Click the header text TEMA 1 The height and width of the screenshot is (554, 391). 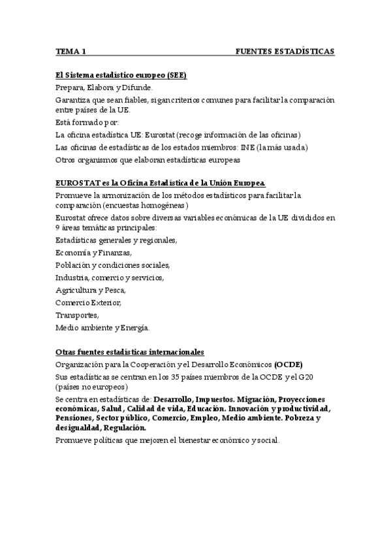tap(71, 51)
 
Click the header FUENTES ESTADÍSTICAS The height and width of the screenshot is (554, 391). tap(285, 51)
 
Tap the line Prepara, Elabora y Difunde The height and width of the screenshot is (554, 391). tap(104, 87)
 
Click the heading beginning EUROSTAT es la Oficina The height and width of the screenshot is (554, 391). tap(161, 183)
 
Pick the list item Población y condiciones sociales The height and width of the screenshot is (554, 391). tap(113, 265)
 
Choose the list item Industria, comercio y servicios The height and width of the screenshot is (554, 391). tap(110, 277)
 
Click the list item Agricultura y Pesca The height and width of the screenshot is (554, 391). tap(91, 289)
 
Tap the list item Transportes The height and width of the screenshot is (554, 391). tap(78, 314)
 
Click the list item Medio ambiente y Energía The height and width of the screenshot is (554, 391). tap(103, 327)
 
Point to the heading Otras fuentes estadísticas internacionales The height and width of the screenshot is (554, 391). tap(130, 351)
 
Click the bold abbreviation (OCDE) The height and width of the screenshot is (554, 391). tap(288, 363)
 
